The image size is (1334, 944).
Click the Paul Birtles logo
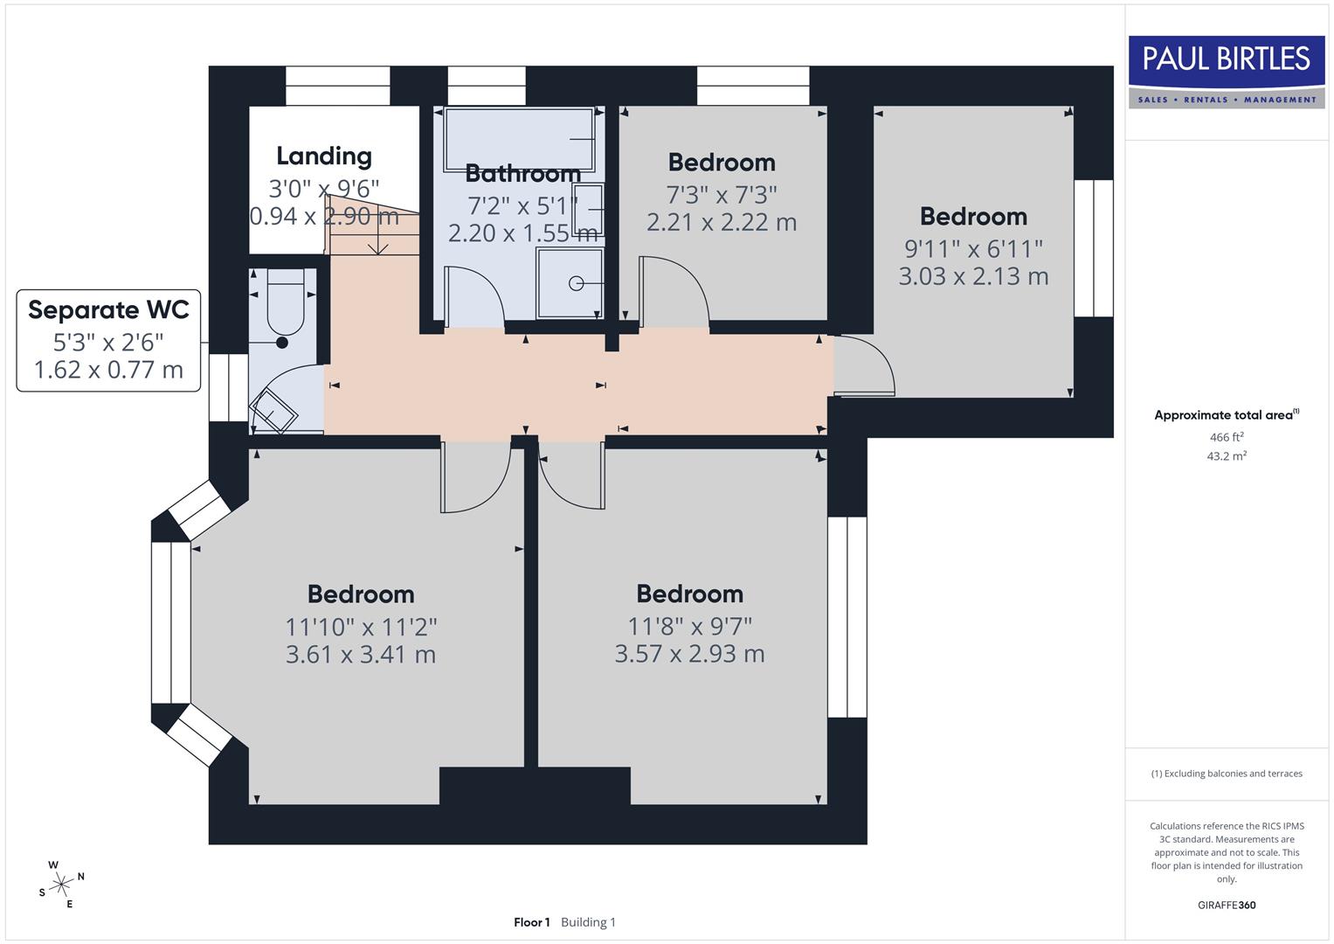(1227, 72)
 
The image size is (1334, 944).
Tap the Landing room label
(324, 156)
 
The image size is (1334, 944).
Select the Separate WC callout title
(108, 310)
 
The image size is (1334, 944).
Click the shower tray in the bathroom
(570, 282)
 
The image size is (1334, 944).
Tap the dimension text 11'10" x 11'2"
(361, 627)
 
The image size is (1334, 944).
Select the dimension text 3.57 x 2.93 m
(689, 654)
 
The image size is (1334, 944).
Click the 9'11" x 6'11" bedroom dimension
(973, 249)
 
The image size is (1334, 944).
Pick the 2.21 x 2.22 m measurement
(722, 222)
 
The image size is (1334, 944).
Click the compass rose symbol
(60, 885)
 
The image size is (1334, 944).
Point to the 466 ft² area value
(1227, 437)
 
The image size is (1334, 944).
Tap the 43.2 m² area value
(1227, 456)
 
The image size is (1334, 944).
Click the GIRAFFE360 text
(1227, 906)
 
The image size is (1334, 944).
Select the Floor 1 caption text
(531, 922)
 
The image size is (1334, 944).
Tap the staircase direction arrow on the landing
(377, 237)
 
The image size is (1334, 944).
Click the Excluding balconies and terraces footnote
(1227, 774)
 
